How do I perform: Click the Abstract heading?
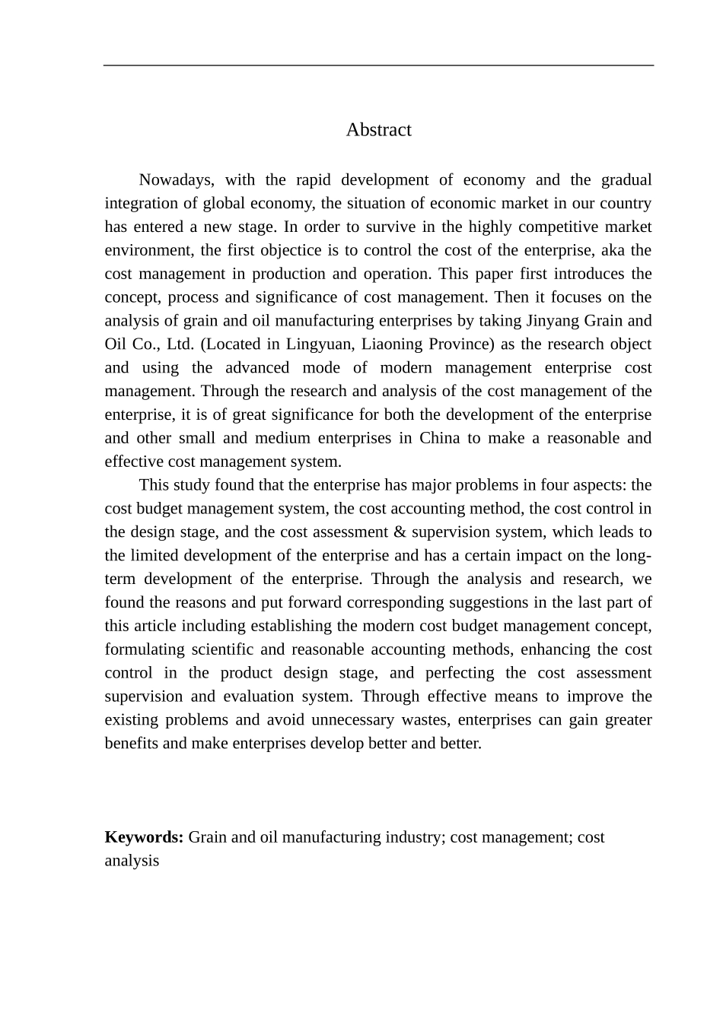point(378,130)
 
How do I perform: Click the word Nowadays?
point(177,180)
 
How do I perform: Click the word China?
point(439,438)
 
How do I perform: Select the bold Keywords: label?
point(144,837)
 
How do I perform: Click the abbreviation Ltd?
point(180,344)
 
